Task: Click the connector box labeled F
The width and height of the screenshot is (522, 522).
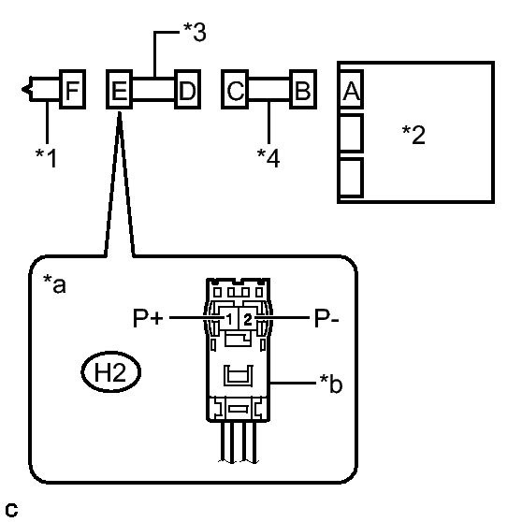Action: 73,89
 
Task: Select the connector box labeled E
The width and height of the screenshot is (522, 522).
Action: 119,89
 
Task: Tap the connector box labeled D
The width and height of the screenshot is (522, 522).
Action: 188,89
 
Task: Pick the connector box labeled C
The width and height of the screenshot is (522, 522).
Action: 235,89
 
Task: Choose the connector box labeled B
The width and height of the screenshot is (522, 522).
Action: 303,89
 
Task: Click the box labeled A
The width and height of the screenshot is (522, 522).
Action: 351,89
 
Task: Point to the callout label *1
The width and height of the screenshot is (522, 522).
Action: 46,158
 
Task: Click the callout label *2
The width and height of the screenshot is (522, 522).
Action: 413,135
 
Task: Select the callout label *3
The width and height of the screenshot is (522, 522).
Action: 195,32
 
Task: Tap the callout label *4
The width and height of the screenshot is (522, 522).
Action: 268,158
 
